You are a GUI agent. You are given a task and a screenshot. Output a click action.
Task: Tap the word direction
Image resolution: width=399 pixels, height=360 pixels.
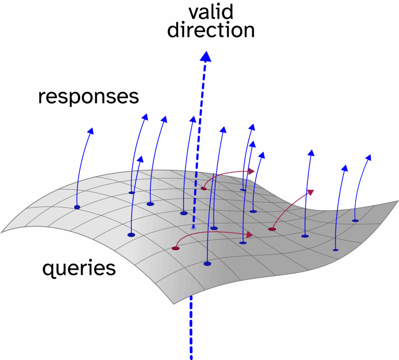coord(211,31)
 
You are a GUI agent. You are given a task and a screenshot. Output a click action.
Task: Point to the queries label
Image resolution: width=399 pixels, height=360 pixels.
coord(79,268)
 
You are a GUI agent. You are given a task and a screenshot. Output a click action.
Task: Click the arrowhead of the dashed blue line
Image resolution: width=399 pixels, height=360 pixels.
coord(206,57)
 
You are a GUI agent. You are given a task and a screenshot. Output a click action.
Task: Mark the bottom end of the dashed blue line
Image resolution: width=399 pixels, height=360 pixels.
coord(191,356)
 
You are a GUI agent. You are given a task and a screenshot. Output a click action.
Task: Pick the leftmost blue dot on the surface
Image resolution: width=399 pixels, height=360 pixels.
coord(77,207)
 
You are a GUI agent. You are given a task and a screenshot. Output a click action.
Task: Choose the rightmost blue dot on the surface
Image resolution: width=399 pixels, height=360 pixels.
coord(355,221)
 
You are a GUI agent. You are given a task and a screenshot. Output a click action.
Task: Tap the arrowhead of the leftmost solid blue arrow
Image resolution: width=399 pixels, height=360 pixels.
coord(91,131)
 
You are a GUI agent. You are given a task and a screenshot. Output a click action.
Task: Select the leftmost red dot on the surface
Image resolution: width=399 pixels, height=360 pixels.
coord(176,248)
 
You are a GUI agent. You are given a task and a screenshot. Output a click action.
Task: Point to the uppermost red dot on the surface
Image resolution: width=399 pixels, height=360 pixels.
coord(203,188)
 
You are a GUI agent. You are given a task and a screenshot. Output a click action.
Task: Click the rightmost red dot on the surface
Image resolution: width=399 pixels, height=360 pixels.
coord(272,229)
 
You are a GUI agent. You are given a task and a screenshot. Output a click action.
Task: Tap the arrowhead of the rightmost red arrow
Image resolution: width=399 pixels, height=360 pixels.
coord(311,192)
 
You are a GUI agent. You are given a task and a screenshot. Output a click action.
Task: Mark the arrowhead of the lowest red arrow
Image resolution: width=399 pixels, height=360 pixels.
coord(250,235)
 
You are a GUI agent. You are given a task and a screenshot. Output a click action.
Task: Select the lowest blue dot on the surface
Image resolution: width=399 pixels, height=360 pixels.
coord(207,264)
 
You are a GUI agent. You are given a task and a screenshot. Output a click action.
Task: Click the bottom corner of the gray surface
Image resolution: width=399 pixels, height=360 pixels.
coord(173,303)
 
